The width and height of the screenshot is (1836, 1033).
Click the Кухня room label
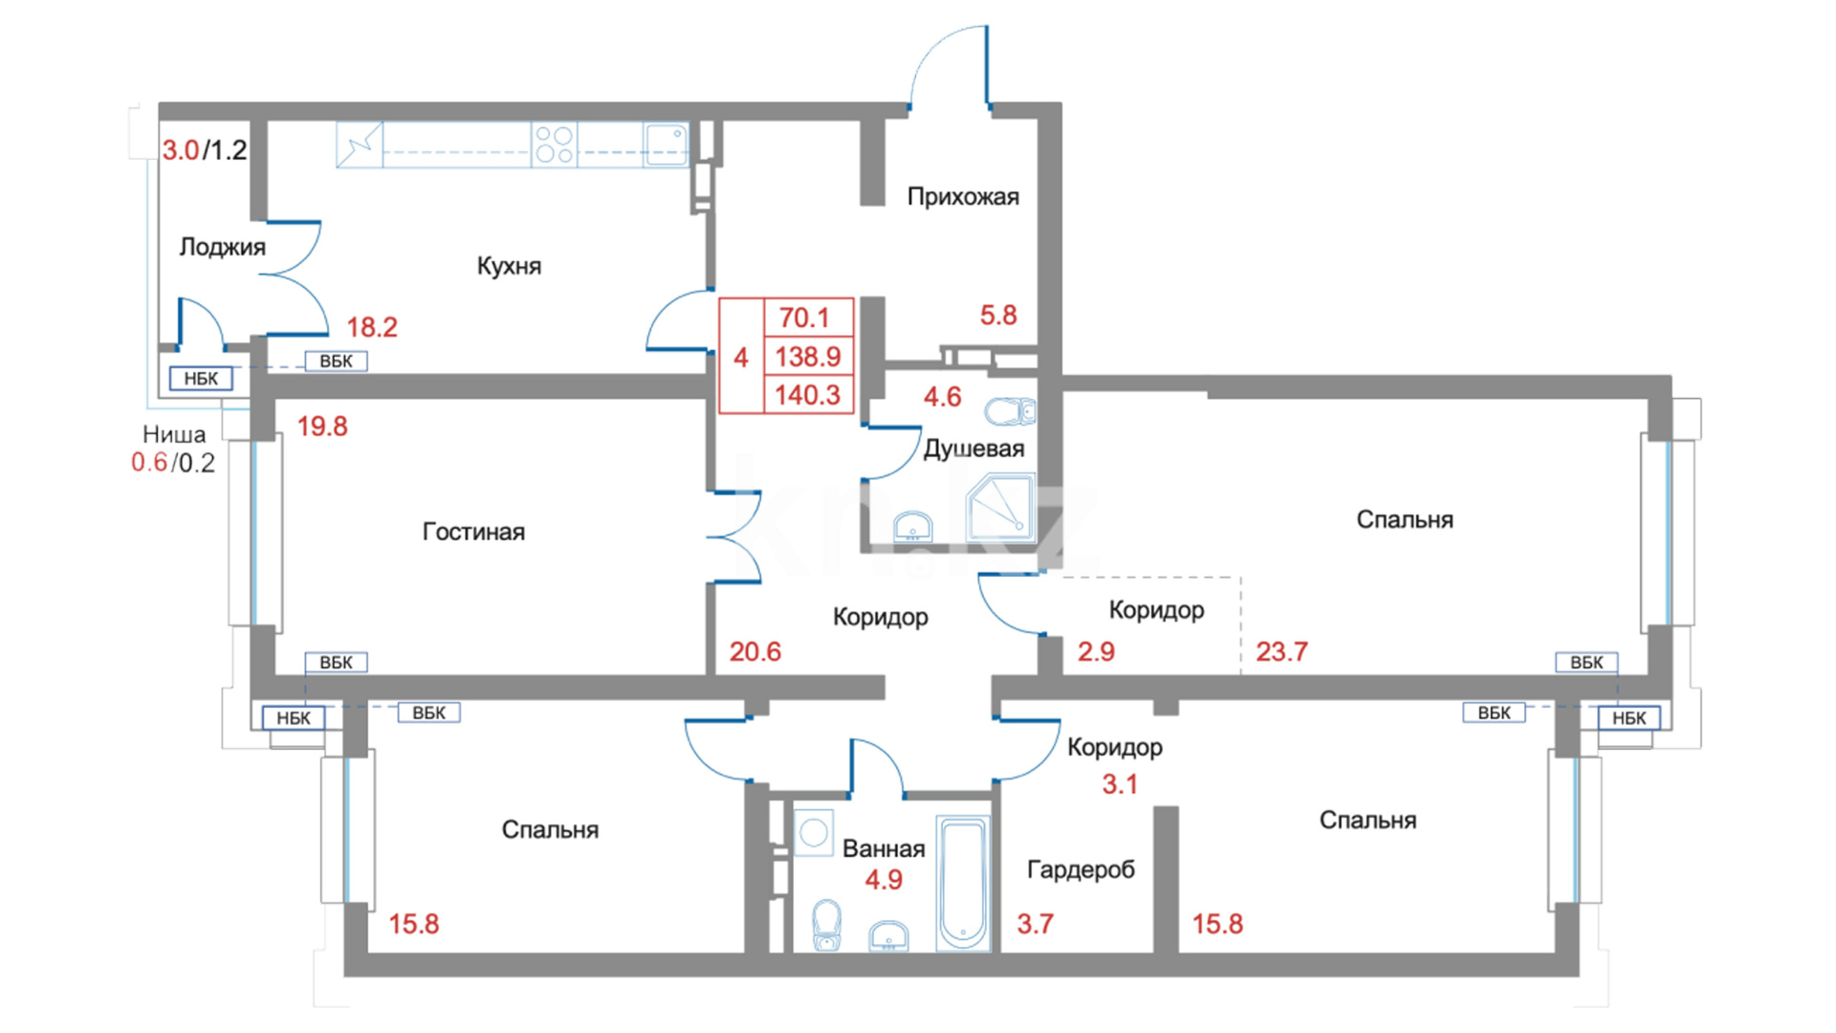point(509,266)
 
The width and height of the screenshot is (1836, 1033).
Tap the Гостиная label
point(473,532)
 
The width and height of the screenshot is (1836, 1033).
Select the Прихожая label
point(963,197)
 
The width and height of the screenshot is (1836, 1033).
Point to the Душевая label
point(973,449)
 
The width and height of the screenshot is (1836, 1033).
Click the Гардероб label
point(1081,869)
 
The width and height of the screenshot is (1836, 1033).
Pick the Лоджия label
point(222,247)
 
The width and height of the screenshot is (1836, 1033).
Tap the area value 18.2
point(372,327)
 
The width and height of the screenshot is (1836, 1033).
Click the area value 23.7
point(1281,651)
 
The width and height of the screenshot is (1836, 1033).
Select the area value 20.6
point(755,651)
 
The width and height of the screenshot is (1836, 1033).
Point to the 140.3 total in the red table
point(808,394)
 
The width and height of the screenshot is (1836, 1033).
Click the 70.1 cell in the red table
point(804,318)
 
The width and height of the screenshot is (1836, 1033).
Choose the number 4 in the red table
point(741,358)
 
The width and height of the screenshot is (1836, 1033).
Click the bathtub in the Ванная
point(963,883)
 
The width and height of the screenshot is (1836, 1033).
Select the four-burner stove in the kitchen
point(555,144)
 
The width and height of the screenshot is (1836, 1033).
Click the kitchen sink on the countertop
point(666,144)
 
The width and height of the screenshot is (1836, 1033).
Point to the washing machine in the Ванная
point(814,832)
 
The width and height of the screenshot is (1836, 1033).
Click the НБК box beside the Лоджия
point(201,379)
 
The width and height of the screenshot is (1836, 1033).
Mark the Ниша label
point(174,435)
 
